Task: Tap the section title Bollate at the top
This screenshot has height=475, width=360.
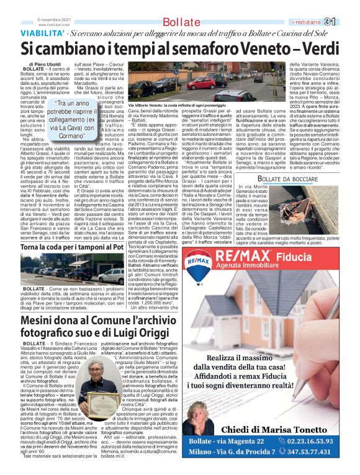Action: pos(171,22)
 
